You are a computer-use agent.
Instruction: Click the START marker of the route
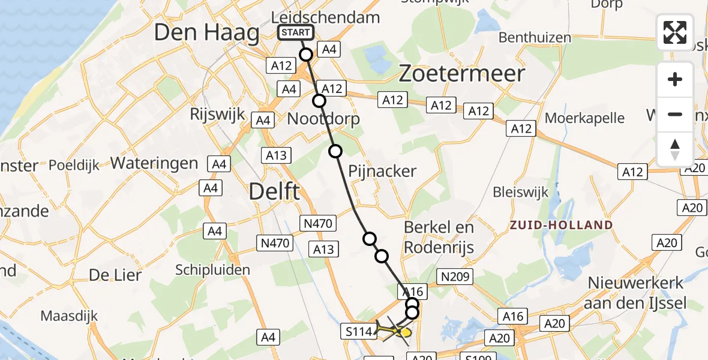point(296,32)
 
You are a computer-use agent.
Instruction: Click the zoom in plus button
point(675,79)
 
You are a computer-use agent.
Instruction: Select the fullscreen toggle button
point(675,32)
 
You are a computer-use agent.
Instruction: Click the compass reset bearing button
point(675,149)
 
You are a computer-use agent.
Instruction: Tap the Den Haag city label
point(206,32)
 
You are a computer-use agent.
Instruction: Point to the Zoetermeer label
point(461,74)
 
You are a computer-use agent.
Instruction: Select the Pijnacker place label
point(382,172)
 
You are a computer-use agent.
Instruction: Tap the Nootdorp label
point(323,119)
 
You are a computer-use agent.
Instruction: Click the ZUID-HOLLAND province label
point(561,226)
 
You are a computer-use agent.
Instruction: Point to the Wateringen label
point(154,163)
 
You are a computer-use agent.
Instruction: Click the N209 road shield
point(456,277)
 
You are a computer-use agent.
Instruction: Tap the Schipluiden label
point(212,270)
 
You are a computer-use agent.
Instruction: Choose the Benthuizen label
point(535,38)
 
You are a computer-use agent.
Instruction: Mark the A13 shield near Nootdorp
point(277,155)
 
